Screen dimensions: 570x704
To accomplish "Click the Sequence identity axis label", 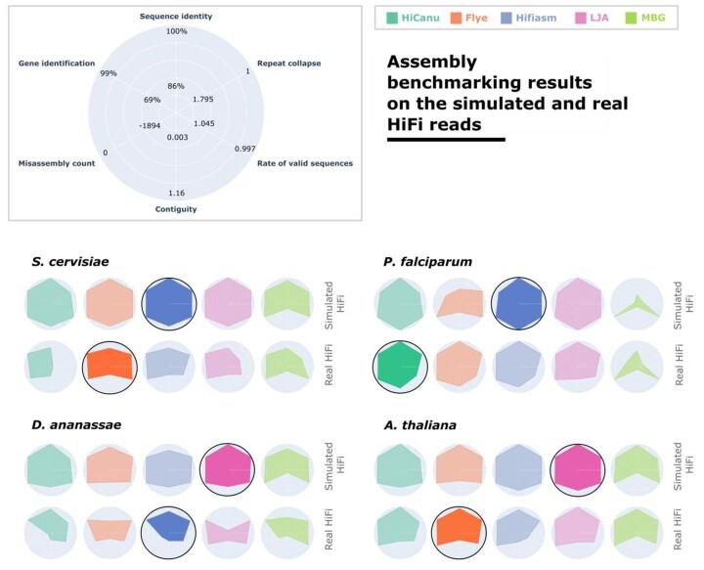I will pos(176,17).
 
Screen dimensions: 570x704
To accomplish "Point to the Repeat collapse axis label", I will pos(282,63).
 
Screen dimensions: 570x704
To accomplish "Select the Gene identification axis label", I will pos(57,63).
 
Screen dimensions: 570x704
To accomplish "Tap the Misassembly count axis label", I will pos(57,163).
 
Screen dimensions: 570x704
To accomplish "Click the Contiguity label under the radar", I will pos(176,209).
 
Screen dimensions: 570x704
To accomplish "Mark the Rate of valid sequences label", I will pos(304,163).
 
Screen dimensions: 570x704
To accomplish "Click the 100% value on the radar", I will pos(176,31).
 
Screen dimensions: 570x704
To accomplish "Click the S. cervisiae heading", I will pos(60,260).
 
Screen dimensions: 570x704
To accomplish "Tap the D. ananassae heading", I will pos(63,424).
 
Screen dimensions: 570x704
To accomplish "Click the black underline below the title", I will pos(446,140).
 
